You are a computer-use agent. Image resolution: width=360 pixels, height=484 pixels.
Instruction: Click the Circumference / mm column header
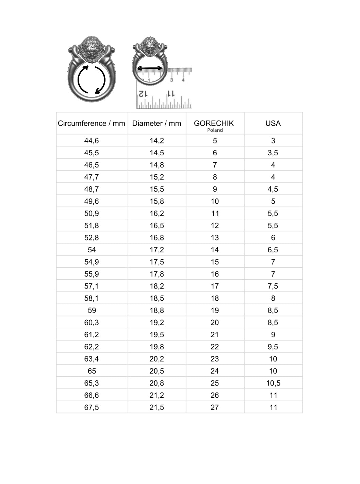[x=92, y=123]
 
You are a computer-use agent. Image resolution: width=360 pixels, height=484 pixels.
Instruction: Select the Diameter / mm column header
[x=157, y=123]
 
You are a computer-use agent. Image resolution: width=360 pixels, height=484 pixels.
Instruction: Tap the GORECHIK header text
[x=214, y=123]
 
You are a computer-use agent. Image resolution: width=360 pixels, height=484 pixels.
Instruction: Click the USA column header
[x=273, y=123]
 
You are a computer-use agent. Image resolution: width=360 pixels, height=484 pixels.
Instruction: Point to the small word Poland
[x=215, y=130]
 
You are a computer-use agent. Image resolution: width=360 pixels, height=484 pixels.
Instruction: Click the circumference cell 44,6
[x=92, y=141]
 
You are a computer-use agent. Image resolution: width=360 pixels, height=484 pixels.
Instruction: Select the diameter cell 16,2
[x=157, y=214]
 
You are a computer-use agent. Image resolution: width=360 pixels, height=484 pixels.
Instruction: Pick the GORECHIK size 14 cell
[x=215, y=250]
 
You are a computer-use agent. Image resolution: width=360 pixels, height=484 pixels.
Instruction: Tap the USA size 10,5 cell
[x=273, y=383]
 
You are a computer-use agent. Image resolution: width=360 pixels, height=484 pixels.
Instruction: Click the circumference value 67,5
[x=92, y=407]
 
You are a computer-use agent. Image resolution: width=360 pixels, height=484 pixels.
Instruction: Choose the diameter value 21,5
[x=157, y=407]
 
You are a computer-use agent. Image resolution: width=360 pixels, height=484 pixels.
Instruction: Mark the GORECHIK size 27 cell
[x=215, y=407]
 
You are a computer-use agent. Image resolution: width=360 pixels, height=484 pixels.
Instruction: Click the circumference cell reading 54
[x=92, y=250]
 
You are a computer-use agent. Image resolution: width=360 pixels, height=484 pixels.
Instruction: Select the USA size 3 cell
[x=273, y=141]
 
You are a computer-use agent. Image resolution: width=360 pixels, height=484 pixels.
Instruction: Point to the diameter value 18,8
[x=157, y=311]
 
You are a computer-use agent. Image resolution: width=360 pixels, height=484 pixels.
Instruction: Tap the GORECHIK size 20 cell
[x=215, y=323]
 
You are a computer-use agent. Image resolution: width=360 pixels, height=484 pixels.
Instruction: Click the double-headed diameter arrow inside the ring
[x=150, y=68]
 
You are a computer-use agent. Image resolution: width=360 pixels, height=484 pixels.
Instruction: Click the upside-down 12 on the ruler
[x=143, y=93]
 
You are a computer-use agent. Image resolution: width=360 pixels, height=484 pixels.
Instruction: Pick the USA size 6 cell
[x=273, y=238]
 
